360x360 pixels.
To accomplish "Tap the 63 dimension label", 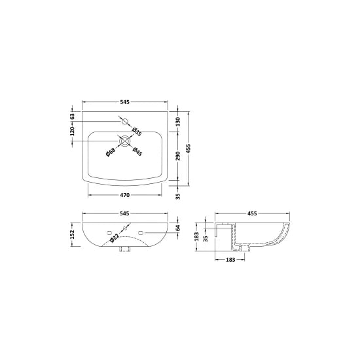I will coord(74,116).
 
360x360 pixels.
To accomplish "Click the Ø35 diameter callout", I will coord(137,132).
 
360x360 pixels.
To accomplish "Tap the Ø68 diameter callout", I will coord(111,152).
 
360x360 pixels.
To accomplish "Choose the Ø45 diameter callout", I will coord(137,152).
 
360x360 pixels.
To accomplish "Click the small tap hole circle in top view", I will coord(124,121).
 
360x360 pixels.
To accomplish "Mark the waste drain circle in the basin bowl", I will coord(124,140).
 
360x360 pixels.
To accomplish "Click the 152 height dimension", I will coord(73,234).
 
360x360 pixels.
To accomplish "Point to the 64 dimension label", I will coord(177,228).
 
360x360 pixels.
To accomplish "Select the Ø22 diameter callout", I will coord(114,240).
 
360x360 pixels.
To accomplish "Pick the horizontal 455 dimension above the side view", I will coord(252,214).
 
